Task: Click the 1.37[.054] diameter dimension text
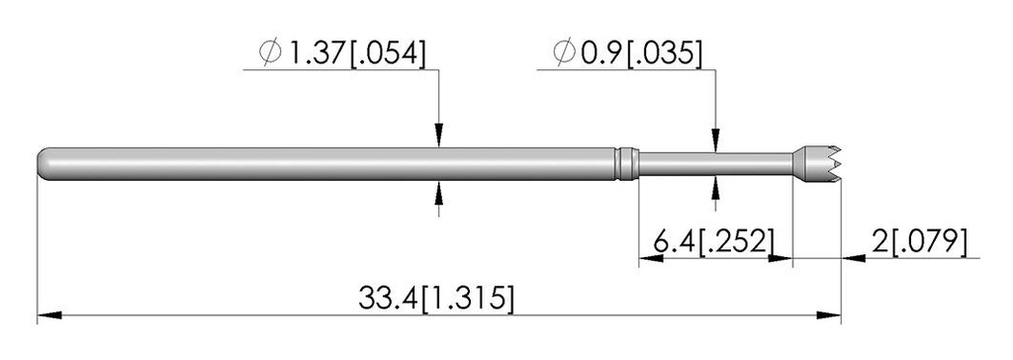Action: tap(356, 53)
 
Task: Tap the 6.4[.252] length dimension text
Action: tap(713, 241)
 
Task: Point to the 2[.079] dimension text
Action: tap(919, 241)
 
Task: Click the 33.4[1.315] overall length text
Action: tap(436, 300)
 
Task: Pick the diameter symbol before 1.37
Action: tap(270, 53)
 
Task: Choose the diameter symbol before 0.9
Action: tap(565, 53)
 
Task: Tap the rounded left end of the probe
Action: tap(46, 164)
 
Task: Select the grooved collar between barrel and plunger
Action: tap(626, 164)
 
